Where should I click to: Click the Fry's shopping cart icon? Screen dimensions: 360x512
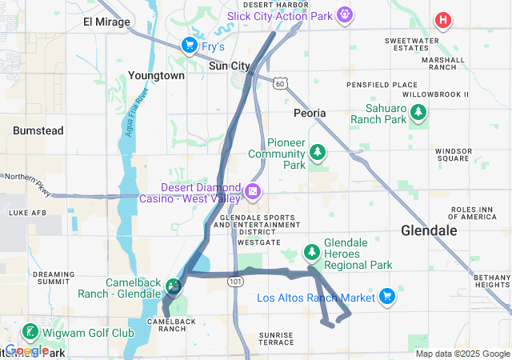190,45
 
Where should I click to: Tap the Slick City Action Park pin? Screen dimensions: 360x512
345,14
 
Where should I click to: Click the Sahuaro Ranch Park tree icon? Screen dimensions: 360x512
416,118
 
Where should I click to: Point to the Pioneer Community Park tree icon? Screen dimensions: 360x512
318,150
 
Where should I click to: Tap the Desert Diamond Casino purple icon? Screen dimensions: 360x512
253,191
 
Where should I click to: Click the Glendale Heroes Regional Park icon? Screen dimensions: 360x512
311,254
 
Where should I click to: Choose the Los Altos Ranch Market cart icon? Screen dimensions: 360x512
387,297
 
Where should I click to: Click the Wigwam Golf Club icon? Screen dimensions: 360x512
30,331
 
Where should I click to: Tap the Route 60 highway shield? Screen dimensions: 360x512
278,82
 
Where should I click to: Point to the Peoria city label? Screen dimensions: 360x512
310,113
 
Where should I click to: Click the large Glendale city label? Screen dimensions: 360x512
429,230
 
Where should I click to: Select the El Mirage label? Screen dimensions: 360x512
106,22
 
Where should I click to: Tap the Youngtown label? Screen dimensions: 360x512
156,75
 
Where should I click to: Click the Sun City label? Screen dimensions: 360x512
230,66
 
